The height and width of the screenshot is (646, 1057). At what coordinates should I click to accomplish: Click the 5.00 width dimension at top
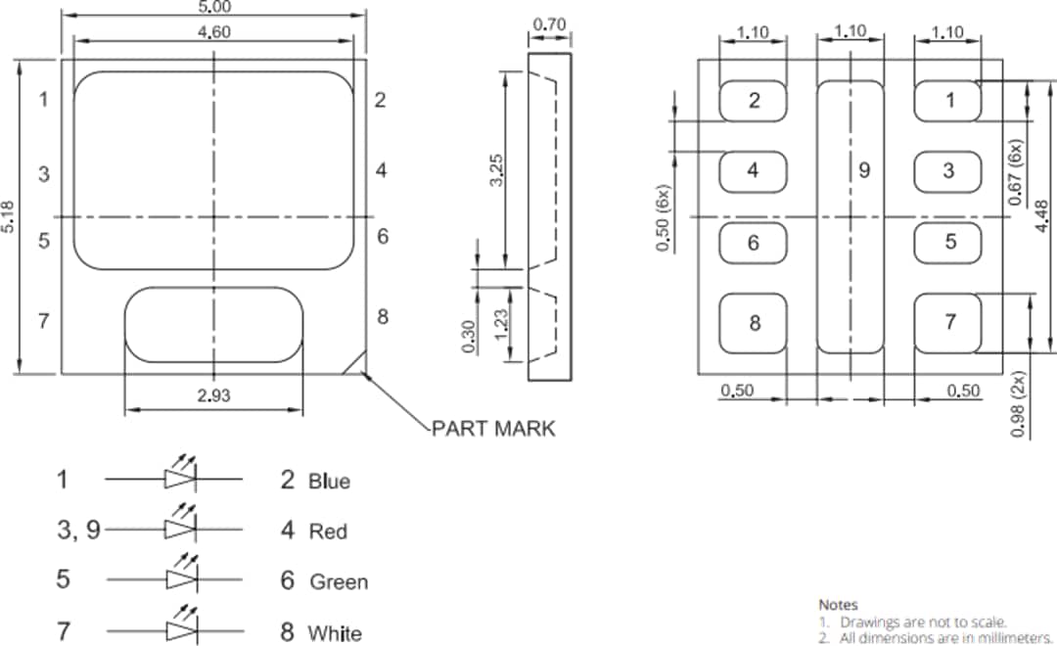tap(213, 7)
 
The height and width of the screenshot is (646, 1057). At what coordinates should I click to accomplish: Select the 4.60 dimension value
tap(213, 31)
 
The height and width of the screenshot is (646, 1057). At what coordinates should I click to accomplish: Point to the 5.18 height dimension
tap(9, 216)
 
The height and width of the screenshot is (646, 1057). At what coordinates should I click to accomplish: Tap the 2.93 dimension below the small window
tap(213, 394)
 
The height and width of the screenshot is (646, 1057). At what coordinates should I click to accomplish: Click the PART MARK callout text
tap(493, 429)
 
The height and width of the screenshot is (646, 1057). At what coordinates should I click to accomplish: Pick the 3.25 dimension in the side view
tap(496, 169)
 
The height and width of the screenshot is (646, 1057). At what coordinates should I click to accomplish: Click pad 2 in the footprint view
tap(754, 101)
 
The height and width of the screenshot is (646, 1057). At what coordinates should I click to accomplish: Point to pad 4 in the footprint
tap(753, 170)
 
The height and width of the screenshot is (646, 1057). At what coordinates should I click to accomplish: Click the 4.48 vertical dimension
tap(1041, 212)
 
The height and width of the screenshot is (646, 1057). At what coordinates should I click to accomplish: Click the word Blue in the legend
tap(329, 481)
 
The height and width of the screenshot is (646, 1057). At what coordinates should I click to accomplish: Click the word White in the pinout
tap(334, 633)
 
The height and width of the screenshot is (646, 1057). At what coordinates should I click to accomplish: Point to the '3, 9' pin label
tap(78, 530)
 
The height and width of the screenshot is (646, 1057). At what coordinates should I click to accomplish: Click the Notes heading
tap(838, 605)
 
